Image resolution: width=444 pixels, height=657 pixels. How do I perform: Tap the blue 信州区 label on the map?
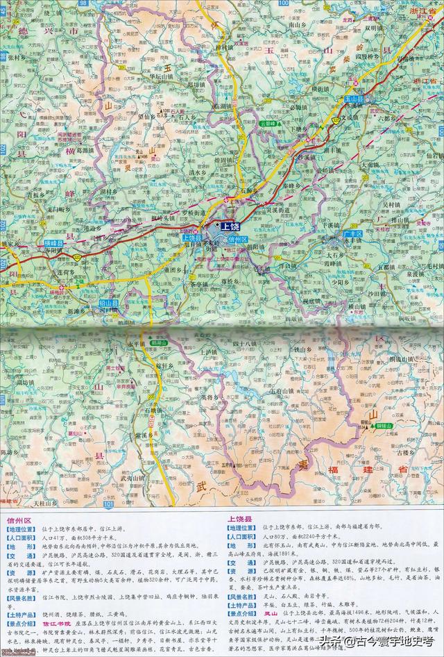point(237,239)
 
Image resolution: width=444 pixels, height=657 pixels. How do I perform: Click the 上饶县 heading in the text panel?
point(242,518)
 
